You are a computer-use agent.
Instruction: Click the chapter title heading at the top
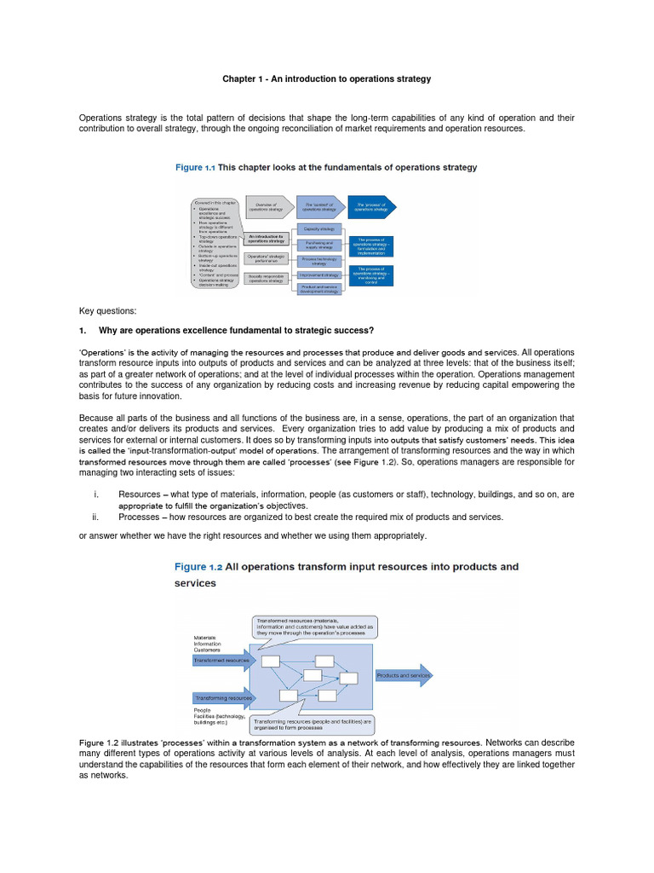point(327,79)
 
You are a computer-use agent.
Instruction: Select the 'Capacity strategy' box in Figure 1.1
point(319,228)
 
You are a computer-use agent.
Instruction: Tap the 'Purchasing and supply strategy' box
point(319,244)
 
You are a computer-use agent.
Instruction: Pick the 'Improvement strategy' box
point(319,275)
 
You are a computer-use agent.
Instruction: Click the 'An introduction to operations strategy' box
point(267,240)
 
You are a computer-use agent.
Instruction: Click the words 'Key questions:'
point(108,312)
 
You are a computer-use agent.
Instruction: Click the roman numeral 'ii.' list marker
point(96,517)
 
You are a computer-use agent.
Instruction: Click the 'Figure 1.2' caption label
point(203,567)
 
